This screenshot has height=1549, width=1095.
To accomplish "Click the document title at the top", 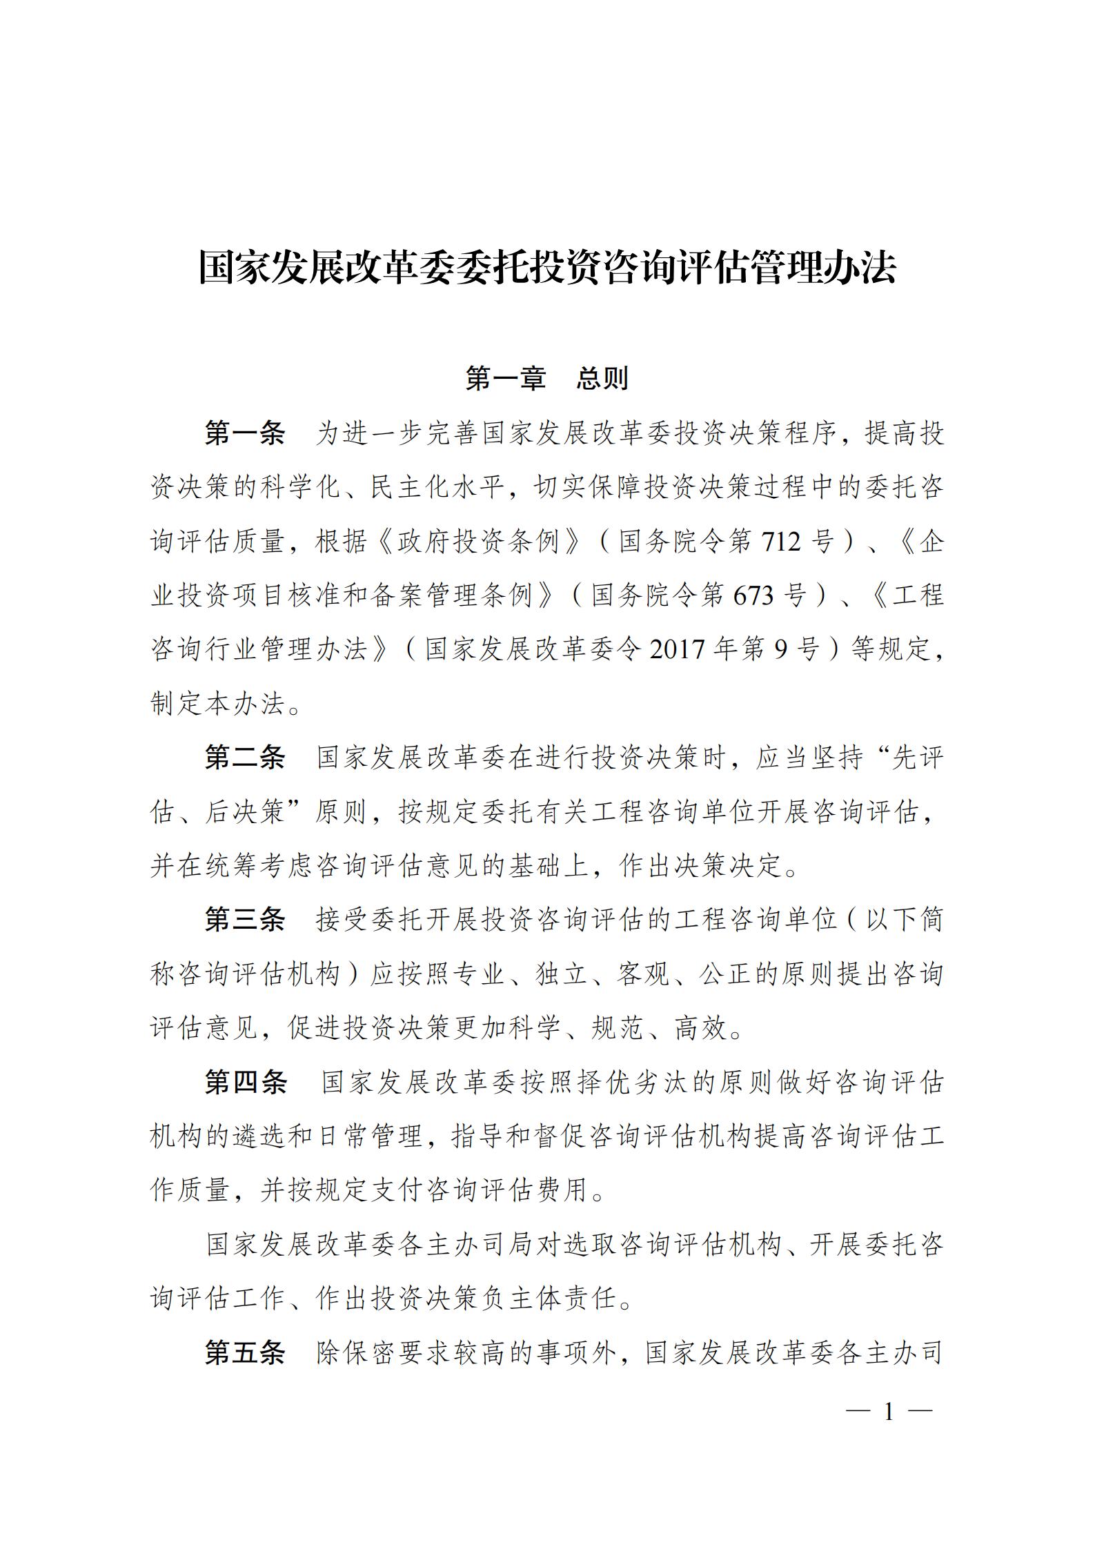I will point(547,268).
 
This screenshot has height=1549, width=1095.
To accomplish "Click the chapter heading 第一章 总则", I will point(547,378).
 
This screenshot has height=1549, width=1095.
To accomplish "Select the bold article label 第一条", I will point(245,433).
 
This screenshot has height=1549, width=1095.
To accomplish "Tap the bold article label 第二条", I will point(245,758).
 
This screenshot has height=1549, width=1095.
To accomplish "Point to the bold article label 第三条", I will point(245,920).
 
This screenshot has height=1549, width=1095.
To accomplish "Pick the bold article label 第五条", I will point(245,1353).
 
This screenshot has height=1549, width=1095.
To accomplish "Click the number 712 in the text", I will point(782,542).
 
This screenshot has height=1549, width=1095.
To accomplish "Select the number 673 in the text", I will point(754,595).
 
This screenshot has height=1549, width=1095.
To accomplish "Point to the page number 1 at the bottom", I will point(889,1412).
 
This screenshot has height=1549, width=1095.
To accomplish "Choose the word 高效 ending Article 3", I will point(700,1028).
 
